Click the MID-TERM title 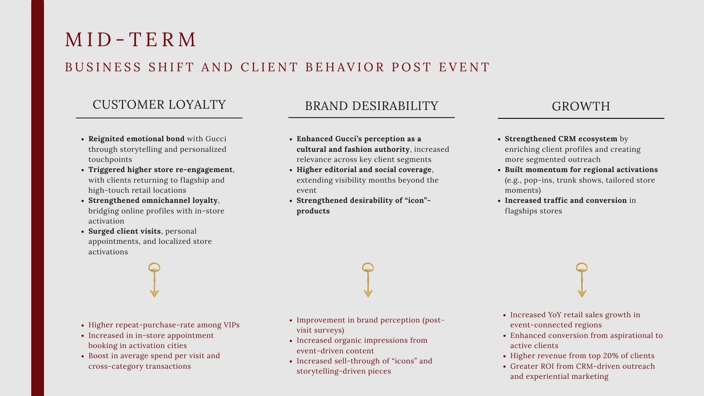click(x=131, y=40)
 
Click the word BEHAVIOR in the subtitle click(x=345, y=67)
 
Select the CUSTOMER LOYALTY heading click(x=159, y=105)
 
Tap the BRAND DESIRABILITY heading click(x=371, y=106)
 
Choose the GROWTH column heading click(x=581, y=106)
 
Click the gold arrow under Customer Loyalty click(x=154, y=280)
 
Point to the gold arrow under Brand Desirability click(x=368, y=280)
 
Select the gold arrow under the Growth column click(x=582, y=280)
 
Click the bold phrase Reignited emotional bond click(x=136, y=139)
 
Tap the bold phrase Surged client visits click(x=125, y=231)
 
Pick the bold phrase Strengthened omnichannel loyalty click(x=153, y=201)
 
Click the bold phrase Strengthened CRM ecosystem click(x=561, y=139)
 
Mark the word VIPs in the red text click(x=231, y=325)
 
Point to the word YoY click(x=555, y=315)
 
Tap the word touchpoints click(x=110, y=160)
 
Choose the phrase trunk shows click(x=578, y=180)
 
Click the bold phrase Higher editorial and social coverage click(x=364, y=170)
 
